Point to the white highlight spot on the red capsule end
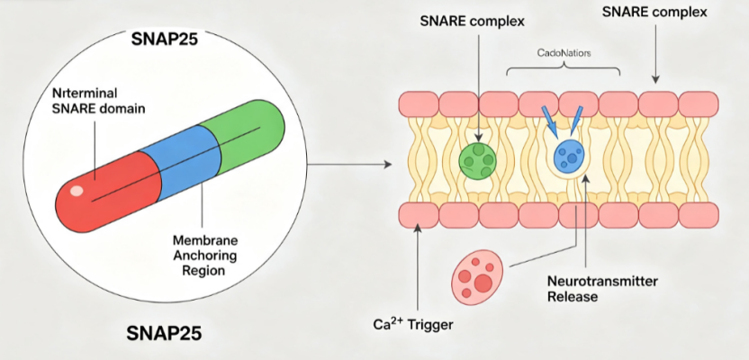click(x=77, y=191)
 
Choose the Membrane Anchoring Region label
click(x=205, y=255)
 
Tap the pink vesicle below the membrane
click(x=478, y=278)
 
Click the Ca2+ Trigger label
click(x=412, y=324)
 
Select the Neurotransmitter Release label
click(x=602, y=288)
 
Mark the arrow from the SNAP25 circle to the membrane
click(x=348, y=165)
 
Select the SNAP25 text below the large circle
click(x=164, y=333)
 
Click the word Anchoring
click(x=205, y=255)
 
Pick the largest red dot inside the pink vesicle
click(x=483, y=283)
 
